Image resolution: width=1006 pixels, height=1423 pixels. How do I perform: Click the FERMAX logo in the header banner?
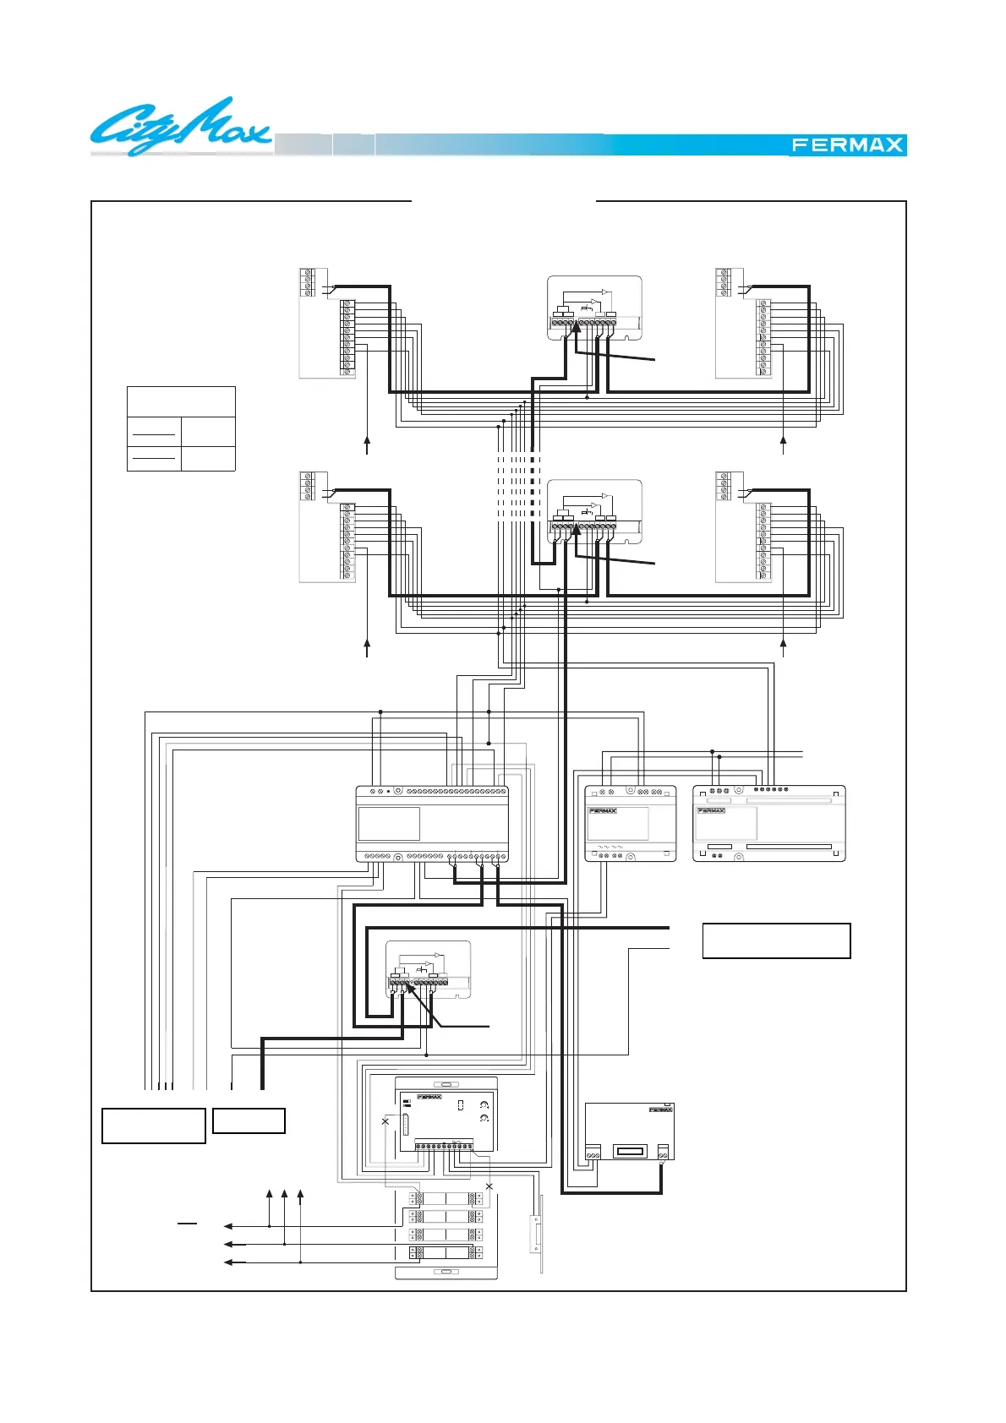point(847,144)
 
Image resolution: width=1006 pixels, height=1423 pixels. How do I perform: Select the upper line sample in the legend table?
point(154,433)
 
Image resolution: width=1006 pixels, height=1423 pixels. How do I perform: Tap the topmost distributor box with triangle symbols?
point(593,308)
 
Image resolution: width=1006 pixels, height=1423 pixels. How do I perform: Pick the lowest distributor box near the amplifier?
point(428,969)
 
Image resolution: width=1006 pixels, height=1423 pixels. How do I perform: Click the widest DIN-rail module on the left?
point(432,824)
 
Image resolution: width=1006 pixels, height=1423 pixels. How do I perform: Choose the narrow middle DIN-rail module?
point(631,824)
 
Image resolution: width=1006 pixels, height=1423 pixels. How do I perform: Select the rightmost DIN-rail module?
point(768,824)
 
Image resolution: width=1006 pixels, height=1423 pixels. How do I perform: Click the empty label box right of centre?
point(776,940)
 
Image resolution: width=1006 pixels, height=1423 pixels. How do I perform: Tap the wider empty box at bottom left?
point(154,1126)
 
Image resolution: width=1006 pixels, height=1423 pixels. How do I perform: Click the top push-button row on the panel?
point(446,1198)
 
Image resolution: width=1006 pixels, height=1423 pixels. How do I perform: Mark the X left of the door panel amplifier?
point(385,1121)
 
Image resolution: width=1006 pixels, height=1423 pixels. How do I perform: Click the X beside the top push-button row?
point(489,1187)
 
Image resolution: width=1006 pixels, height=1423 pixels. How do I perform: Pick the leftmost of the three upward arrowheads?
point(269,1194)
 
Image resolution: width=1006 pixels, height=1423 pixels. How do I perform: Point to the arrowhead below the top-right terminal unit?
point(783,439)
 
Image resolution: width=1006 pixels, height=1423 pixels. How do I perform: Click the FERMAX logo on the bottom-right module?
point(660,1110)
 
